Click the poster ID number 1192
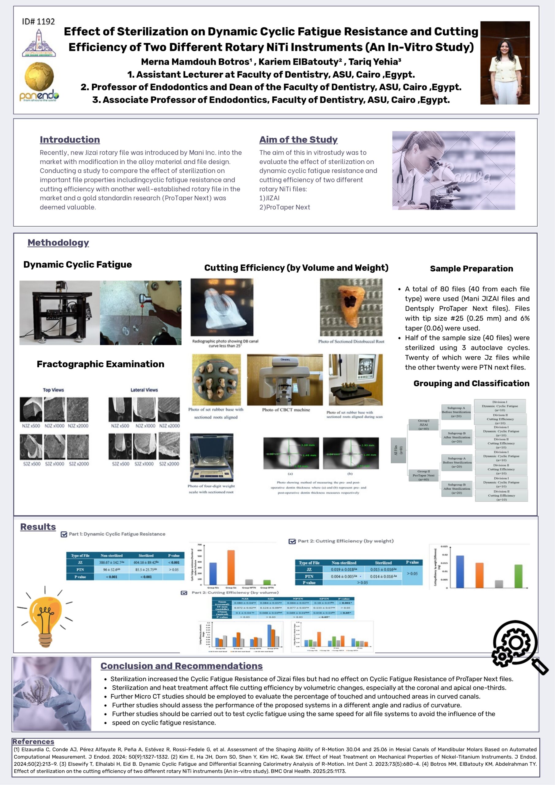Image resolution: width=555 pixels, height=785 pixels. click(x=38, y=21)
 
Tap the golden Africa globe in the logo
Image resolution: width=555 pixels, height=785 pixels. click(x=39, y=77)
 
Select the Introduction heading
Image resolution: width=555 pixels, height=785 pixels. click(x=70, y=140)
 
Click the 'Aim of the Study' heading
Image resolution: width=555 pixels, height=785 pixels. click(x=298, y=140)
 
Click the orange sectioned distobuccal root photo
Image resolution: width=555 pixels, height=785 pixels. click(x=351, y=307)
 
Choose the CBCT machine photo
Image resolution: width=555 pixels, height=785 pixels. click(x=285, y=380)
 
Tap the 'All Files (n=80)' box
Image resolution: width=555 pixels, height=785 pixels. click(x=398, y=450)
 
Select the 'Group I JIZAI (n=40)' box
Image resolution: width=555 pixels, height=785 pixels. click(x=423, y=425)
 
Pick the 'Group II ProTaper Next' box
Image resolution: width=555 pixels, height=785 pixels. click(x=423, y=475)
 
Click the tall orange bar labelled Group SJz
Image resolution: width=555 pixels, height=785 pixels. click(x=231, y=567)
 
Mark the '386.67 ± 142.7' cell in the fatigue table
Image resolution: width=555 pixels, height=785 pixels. click(x=112, y=562)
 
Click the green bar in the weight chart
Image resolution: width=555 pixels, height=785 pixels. click(x=519, y=576)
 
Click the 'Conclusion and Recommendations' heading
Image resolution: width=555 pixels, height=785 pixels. click(x=182, y=666)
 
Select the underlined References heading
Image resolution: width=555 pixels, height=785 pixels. click(x=33, y=741)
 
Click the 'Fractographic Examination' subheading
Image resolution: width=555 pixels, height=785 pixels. click(x=101, y=364)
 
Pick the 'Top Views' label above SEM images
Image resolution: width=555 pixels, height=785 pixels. click(x=53, y=390)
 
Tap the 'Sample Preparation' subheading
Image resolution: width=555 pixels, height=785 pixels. click(x=471, y=269)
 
